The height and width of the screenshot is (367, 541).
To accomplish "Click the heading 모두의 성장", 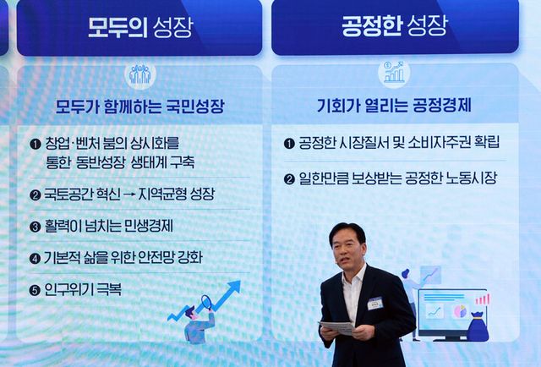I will pos(140,27).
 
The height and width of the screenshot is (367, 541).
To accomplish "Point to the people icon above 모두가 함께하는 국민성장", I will pos(139,75).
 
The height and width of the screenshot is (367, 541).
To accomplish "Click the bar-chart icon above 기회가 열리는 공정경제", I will pos(394,74).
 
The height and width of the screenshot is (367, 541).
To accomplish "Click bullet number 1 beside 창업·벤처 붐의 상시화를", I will pos(36,144).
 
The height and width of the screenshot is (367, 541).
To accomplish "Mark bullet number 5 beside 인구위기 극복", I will pos(36,290).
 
